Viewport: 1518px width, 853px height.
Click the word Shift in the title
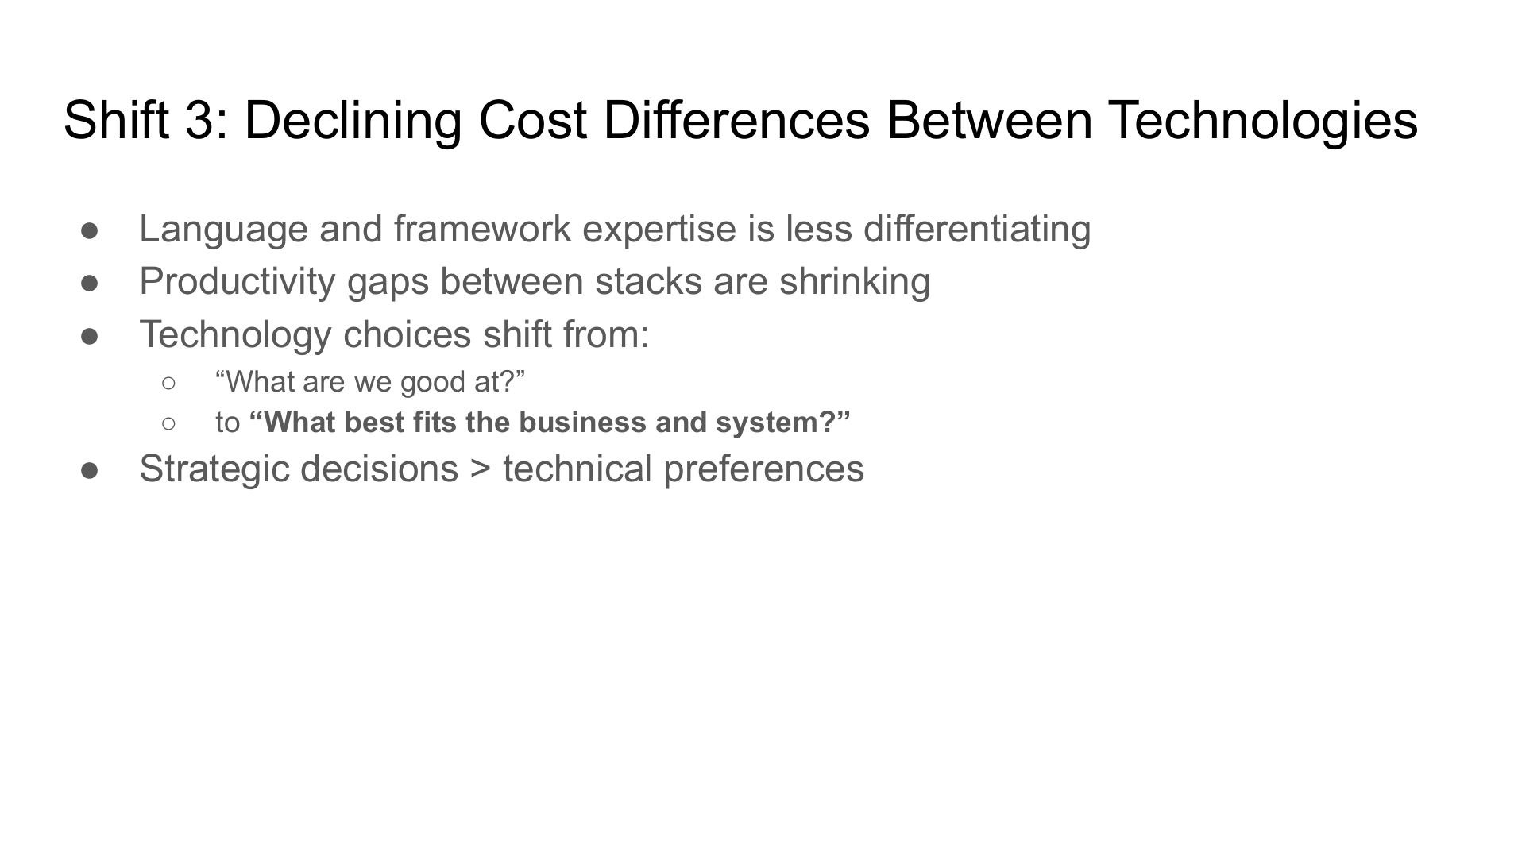(115, 120)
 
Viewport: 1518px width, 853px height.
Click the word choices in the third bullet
(407, 334)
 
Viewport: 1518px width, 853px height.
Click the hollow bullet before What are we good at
(168, 384)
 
